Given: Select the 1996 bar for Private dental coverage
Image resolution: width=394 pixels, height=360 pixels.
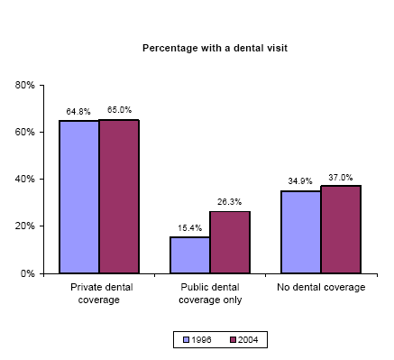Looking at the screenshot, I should (x=78, y=197).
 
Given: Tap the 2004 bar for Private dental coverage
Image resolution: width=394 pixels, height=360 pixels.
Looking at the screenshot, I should (x=119, y=196).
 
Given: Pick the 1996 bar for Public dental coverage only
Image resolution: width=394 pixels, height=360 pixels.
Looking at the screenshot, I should (x=189, y=254).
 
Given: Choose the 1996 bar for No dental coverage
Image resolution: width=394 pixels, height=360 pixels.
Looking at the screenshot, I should (x=300, y=232).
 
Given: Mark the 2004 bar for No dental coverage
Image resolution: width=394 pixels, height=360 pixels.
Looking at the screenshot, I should (x=341, y=229).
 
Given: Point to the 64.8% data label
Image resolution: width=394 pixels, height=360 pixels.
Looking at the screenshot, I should (x=78, y=112).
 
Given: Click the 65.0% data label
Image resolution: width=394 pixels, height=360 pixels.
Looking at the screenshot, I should (x=119, y=110).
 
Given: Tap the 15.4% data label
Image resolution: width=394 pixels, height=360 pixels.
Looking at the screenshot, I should (x=189, y=227).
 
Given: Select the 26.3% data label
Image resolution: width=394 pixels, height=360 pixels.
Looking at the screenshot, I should (x=230, y=202).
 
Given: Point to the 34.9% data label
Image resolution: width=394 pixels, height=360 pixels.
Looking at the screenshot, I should (x=300, y=181).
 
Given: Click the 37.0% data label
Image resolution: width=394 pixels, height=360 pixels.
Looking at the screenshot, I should (x=341, y=177).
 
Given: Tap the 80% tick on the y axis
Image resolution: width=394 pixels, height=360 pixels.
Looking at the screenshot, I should (x=24, y=85).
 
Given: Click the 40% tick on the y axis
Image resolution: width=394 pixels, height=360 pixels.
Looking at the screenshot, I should (x=24, y=179).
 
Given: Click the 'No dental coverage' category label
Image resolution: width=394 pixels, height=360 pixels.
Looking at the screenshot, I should (x=320, y=287).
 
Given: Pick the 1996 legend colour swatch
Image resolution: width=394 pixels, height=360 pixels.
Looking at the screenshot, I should (x=187, y=340).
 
